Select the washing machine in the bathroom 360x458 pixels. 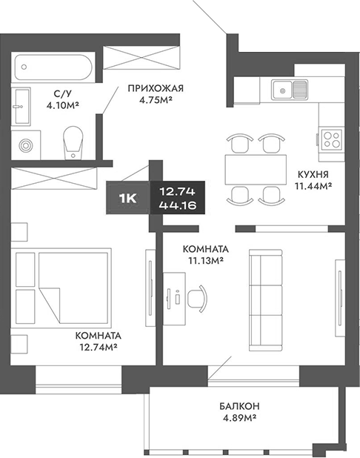click(x=29, y=145)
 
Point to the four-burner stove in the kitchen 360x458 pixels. click(x=330, y=139)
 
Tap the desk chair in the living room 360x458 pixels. click(x=199, y=299)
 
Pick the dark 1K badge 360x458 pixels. click(x=127, y=198)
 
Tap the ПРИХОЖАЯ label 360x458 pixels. click(x=155, y=90)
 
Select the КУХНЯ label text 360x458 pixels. click(x=313, y=174)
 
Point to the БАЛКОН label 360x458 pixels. click(x=239, y=407)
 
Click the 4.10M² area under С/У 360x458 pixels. click(x=62, y=105)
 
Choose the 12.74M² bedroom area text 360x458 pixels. click(x=98, y=345)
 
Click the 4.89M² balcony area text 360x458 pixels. click(x=239, y=419)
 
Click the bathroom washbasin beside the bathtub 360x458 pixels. click(x=22, y=104)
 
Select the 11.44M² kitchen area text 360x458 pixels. click(x=313, y=186)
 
